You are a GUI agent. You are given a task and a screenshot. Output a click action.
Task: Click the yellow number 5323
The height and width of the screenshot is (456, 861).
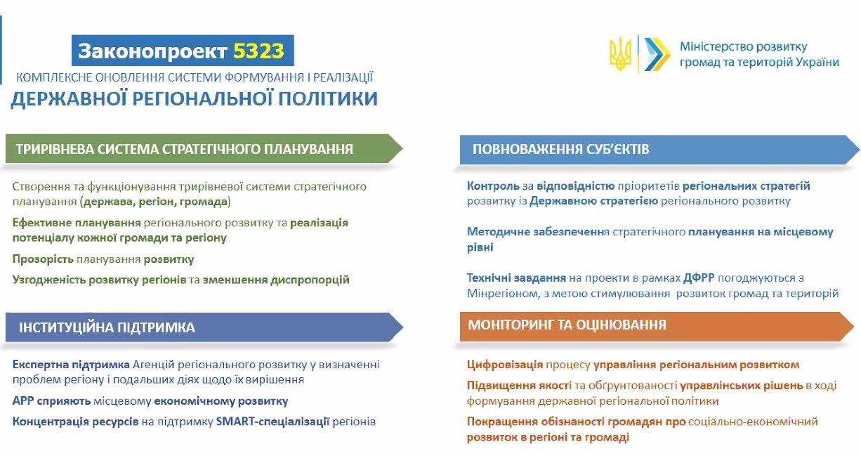coord(258,51)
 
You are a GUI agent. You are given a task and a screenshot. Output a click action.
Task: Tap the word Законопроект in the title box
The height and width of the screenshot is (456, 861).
coord(152,51)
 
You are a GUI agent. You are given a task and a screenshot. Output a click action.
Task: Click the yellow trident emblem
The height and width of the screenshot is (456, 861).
coord(620,54)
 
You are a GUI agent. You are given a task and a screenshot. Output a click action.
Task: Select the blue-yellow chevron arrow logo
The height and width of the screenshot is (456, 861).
coord(657,54)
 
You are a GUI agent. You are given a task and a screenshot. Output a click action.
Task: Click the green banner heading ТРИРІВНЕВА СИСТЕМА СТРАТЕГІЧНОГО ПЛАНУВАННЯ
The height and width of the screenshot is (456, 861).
coord(185,149)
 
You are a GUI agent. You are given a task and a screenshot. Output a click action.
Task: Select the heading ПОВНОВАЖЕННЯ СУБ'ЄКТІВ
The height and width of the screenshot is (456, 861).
coord(561,149)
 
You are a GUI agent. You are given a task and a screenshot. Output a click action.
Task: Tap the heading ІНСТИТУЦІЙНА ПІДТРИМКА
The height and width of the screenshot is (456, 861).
coord(107,327)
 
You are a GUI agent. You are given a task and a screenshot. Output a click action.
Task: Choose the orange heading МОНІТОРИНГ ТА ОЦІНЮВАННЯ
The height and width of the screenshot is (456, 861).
coord(567,325)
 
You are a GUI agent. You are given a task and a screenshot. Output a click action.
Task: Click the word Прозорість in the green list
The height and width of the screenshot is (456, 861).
coord(43,259)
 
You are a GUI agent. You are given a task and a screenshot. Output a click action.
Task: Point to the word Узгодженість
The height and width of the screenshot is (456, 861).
coord(49,280)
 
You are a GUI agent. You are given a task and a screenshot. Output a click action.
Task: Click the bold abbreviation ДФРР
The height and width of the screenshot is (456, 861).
coord(699,278)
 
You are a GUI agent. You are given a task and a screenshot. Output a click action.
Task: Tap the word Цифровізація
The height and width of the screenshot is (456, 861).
coord(505,365)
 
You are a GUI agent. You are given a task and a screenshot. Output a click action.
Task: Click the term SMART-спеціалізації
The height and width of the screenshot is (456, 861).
coord(272,422)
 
